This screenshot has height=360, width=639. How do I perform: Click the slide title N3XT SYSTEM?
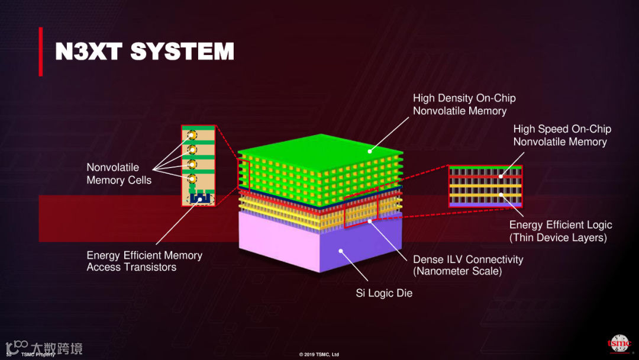click(144, 52)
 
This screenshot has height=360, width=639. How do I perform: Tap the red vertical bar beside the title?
click(41, 52)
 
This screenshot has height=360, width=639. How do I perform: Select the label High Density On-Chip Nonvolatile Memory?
click(464, 104)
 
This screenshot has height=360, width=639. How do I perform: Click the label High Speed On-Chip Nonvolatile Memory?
click(561, 135)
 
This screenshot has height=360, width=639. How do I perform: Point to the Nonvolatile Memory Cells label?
click(119, 173)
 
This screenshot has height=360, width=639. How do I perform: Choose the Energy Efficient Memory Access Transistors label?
click(144, 261)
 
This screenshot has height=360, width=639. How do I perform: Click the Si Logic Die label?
click(384, 293)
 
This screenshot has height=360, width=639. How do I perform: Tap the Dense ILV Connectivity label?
click(468, 259)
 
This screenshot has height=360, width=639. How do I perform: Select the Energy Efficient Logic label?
click(560, 225)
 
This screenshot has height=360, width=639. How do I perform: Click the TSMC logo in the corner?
click(619, 344)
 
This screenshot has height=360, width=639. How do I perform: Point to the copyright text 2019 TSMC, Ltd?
click(319, 355)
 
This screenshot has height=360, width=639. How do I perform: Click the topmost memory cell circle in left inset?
click(192, 136)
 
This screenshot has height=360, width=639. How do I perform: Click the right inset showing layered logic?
click(485, 186)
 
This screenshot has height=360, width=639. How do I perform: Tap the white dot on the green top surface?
click(370, 151)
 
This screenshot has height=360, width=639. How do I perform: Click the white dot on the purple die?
click(340, 250)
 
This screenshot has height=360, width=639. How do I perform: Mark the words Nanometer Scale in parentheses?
click(457, 272)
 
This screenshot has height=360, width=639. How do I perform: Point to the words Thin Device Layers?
click(558, 237)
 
